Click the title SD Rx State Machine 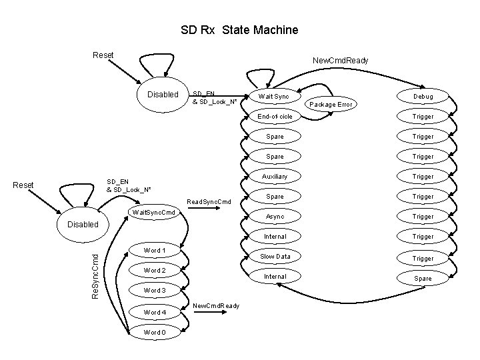tap(239, 30)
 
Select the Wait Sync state tap(274, 97)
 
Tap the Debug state tap(423, 97)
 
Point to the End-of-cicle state tap(275, 117)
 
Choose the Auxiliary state tap(275, 177)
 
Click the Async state tap(275, 217)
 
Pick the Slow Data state tap(275, 257)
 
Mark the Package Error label tap(331, 105)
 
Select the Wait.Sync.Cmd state tap(154, 213)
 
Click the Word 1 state tap(154, 251)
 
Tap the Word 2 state tap(154, 271)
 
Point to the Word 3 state tap(154, 291)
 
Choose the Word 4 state tap(154, 312)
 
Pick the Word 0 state tap(154, 332)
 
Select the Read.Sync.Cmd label tap(209, 201)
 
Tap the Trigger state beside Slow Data tap(423, 259)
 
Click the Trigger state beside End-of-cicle tap(423, 117)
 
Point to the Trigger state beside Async tap(423, 217)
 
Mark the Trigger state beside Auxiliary tap(423, 177)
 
